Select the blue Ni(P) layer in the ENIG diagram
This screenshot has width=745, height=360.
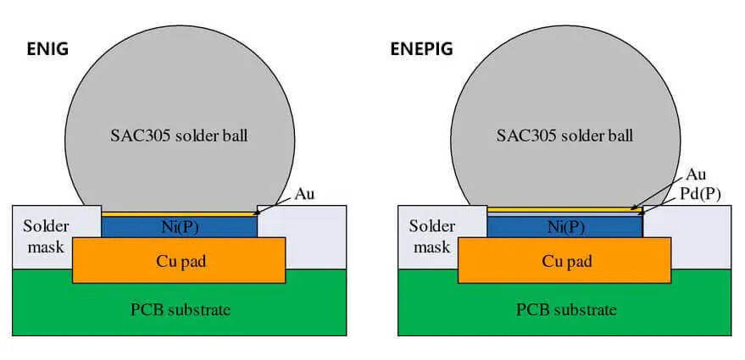coord(178,226)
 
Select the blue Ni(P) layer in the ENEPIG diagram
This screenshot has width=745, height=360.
coord(563,227)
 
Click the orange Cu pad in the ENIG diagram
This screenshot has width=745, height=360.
coord(178,260)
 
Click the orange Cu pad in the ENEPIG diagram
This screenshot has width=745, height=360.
coord(563,260)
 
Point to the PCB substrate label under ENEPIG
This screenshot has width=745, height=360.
coord(563,309)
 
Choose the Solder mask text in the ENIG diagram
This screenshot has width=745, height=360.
coord(43,236)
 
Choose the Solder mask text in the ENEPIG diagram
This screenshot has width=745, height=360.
coord(429,236)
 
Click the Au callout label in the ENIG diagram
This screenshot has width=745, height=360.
coord(304,195)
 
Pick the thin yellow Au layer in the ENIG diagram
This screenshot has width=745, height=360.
coord(178,213)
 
